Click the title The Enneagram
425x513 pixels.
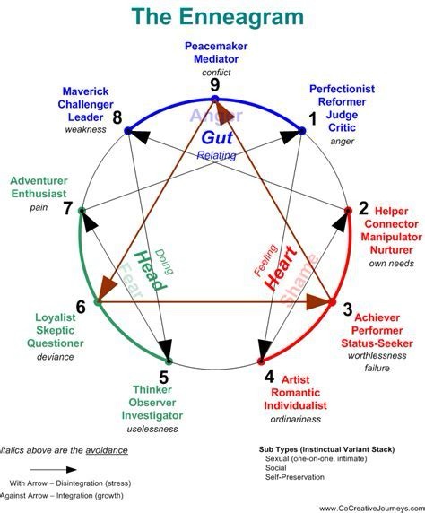(212, 16)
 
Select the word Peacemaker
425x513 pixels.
(215, 46)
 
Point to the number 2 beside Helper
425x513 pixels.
(363, 209)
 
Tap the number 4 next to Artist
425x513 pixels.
(269, 376)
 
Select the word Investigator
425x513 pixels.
(164, 416)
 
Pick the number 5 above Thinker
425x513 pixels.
(163, 377)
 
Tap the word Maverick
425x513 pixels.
(85, 91)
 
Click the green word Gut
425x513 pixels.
(216, 137)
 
